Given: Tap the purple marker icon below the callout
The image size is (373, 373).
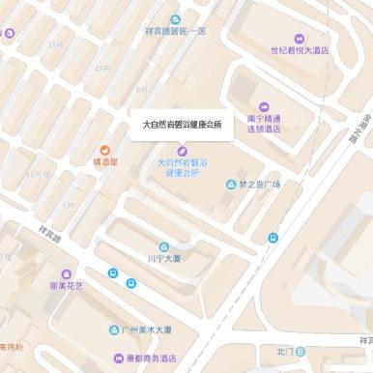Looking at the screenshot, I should tap(182, 151).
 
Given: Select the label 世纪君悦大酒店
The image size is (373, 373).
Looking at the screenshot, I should tap(299, 49).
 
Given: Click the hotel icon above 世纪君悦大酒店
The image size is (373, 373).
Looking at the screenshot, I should tap(299, 39).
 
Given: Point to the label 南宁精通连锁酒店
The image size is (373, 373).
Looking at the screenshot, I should tap(264, 123).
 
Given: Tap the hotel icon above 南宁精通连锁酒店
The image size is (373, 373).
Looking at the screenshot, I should tap(265, 106).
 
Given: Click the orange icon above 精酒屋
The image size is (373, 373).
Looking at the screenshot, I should tap(104, 151).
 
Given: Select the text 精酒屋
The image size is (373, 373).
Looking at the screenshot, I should tap(104, 162).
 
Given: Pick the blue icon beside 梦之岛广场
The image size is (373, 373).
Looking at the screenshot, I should tap(231, 184).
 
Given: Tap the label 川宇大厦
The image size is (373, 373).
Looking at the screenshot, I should tap(163, 258).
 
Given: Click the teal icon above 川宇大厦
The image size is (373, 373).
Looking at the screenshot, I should tap(163, 246).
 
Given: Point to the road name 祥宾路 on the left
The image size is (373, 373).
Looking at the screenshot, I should tap(49, 234).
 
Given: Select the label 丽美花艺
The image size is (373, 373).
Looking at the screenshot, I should tap(66, 287).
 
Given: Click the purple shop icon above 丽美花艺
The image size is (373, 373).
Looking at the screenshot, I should tap(66, 274).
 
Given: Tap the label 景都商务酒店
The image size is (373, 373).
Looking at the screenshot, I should tap(158, 356).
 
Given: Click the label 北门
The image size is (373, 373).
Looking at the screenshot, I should tap(283, 351).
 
